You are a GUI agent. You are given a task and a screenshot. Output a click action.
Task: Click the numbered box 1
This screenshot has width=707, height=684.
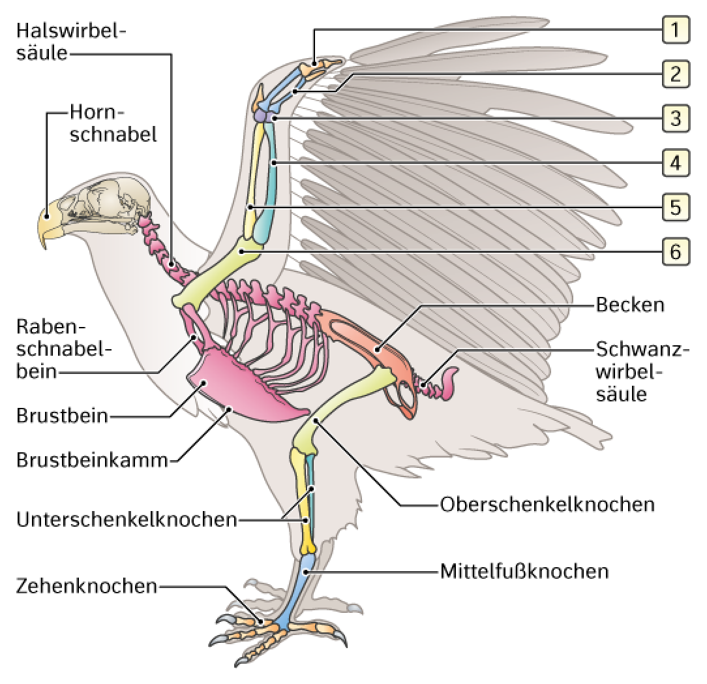[676, 30]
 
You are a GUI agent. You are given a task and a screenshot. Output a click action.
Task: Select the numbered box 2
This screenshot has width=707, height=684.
[676, 74]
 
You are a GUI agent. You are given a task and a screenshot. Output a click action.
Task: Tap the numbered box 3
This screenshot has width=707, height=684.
[676, 118]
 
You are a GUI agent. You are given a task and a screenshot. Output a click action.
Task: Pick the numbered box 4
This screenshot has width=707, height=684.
[676, 163]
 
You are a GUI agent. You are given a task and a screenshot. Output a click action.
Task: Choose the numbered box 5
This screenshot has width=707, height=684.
[676, 207]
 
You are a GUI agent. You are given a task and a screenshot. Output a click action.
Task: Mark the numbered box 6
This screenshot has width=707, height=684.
[676, 251]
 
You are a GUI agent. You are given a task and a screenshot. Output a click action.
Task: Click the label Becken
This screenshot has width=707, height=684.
[630, 305]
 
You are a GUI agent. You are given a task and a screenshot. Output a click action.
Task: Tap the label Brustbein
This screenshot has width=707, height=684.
[62, 416]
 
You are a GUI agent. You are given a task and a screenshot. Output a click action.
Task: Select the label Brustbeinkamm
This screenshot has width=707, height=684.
[92, 460]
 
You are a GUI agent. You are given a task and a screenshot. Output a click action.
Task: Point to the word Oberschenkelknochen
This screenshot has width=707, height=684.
[547, 505]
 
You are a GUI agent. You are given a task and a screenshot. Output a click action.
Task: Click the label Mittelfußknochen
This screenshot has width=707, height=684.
[524, 571]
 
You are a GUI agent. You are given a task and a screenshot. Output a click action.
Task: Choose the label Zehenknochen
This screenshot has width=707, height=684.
[87, 586]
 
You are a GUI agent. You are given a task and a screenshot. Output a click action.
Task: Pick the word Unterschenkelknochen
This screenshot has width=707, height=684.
[127, 520]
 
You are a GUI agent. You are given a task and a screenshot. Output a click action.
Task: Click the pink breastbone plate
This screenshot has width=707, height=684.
[243, 388]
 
